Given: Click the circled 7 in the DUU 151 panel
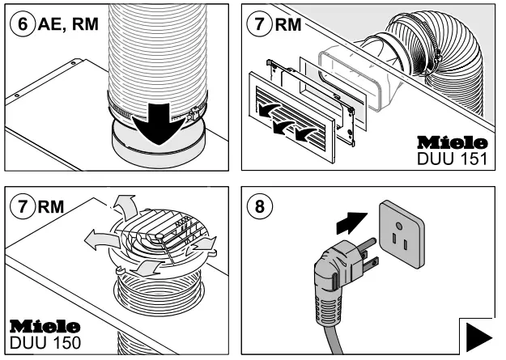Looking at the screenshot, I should pos(260,25).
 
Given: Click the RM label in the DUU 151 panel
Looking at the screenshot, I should pos(288,25).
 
